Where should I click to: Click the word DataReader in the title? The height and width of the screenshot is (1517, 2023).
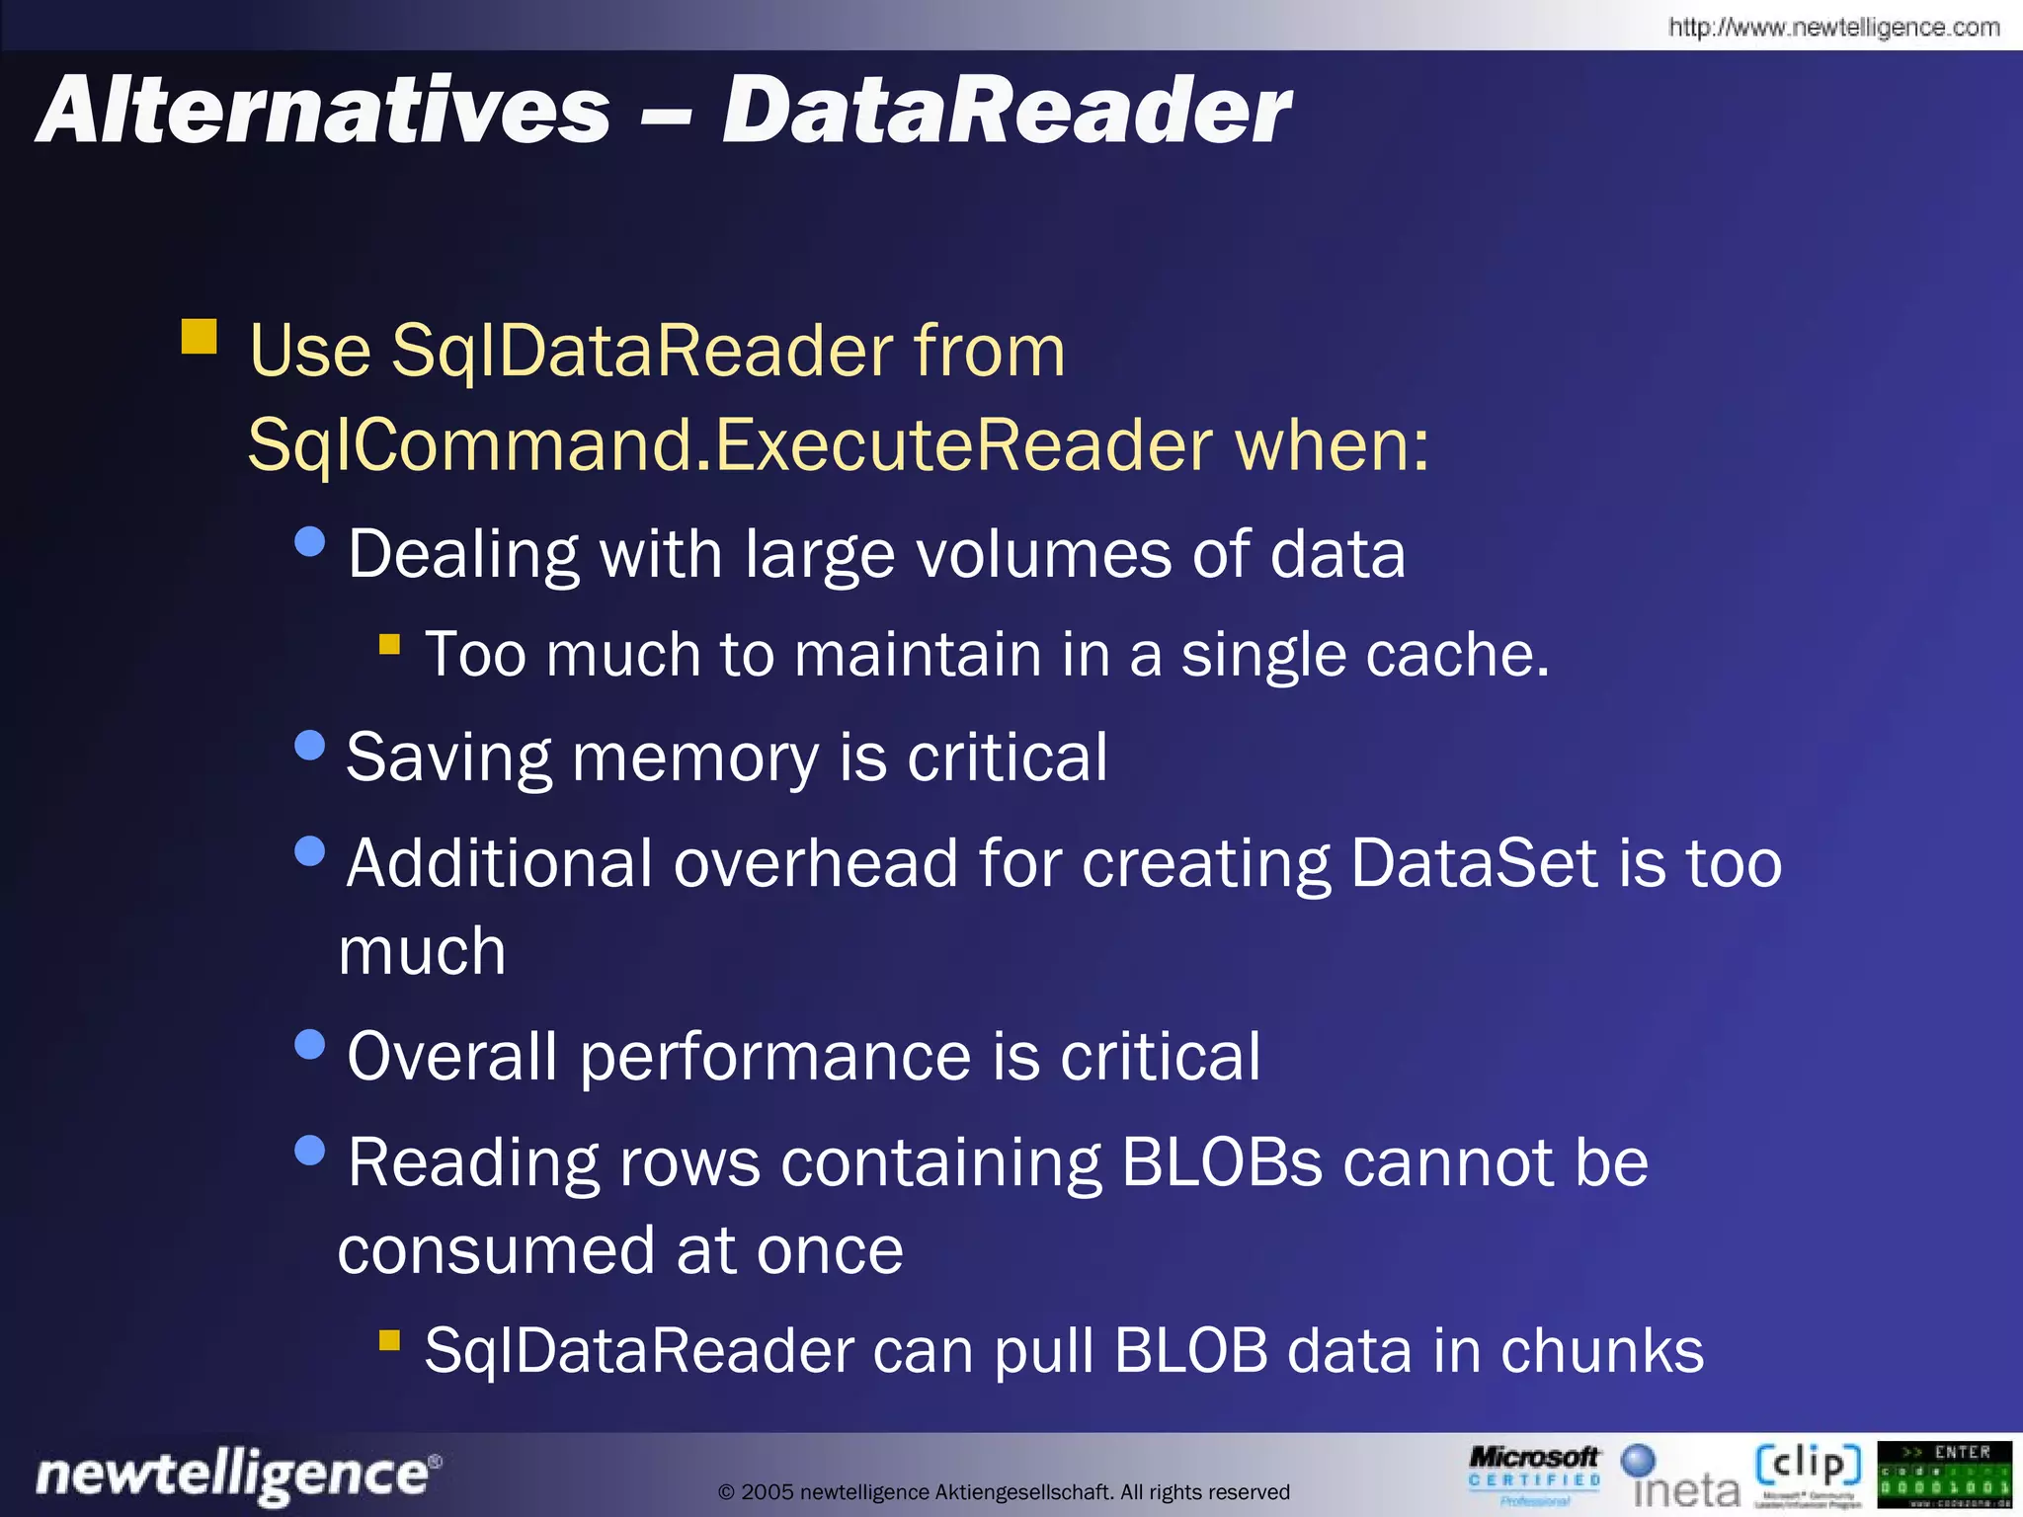click(1006, 112)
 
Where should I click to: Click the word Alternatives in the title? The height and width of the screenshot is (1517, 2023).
click(323, 112)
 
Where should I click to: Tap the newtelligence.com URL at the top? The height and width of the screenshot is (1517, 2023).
click(1833, 27)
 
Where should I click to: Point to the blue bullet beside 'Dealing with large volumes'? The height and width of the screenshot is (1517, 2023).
click(310, 541)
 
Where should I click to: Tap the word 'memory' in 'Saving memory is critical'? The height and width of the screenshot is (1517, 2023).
click(695, 758)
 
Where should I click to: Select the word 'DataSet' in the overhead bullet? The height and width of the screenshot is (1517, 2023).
click(1474, 863)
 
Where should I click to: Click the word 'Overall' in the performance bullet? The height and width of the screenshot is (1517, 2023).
click(451, 1057)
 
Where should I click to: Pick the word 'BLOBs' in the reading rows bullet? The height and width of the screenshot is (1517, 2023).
click(1221, 1162)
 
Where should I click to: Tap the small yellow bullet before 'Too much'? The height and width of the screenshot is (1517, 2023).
click(389, 645)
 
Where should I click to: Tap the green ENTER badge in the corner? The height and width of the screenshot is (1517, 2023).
click(1944, 1475)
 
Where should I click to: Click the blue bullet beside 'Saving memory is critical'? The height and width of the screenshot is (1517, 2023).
click(310, 746)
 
